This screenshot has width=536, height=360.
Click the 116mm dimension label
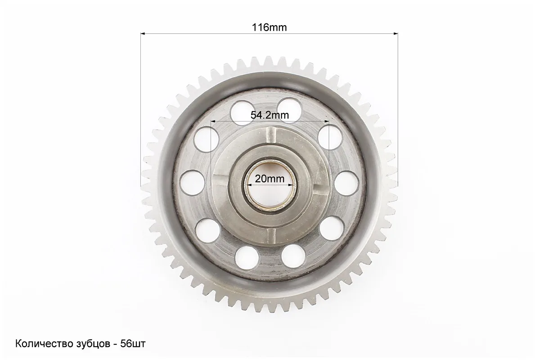270,27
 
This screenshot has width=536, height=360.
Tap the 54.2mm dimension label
270,115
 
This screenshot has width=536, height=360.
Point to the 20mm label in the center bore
270,179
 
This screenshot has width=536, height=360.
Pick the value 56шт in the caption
133,344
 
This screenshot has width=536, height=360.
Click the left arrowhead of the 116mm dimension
143,33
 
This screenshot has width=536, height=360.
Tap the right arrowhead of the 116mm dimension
396,33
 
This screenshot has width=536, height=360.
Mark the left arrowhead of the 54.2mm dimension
214,121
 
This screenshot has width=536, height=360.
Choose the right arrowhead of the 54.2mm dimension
326,121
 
